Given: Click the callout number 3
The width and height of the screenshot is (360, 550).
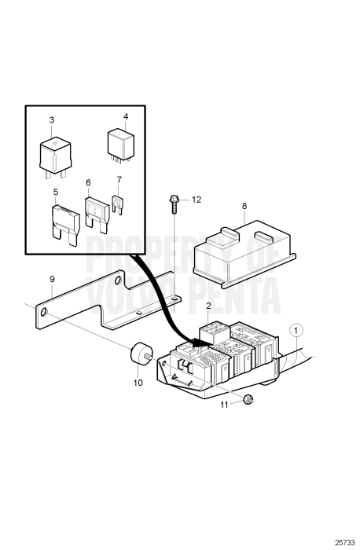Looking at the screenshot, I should click(x=52, y=119).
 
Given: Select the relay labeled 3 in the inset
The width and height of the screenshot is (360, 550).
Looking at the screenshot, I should click(x=57, y=152).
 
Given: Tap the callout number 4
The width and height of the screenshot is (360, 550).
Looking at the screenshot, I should click(x=125, y=116).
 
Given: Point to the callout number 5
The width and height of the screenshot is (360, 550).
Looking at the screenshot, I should click(x=56, y=191).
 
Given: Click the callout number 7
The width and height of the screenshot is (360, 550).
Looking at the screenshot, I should click(x=119, y=180).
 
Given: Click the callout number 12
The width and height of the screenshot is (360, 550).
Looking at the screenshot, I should click(x=196, y=200).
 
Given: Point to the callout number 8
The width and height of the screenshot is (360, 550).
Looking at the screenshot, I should click(x=244, y=206).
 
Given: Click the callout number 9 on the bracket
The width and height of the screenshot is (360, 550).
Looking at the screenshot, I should click(x=52, y=278).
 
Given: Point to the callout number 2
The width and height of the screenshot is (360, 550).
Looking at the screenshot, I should click(x=208, y=305).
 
